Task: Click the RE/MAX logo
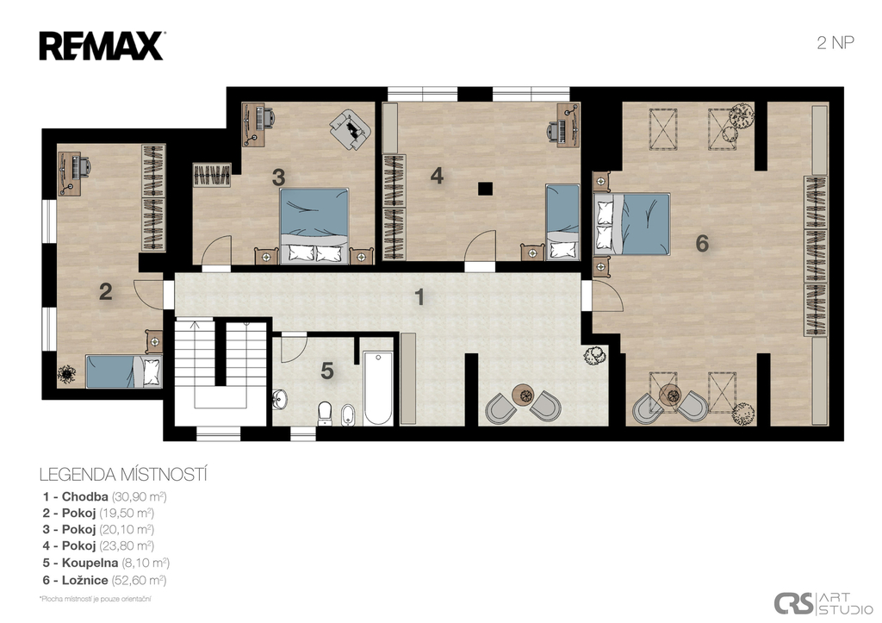pyautogui.click(x=102, y=47)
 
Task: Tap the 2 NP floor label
pyautogui.click(x=835, y=43)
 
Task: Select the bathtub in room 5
pyautogui.click(x=377, y=389)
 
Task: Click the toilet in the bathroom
pyautogui.click(x=325, y=413)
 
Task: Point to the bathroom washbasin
pyautogui.click(x=280, y=400)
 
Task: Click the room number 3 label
pyautogui.click(x=278, y=178)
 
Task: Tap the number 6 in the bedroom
pyautogui.click(x=702, y=244)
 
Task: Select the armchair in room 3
pyautogui.click(x=351, y=129)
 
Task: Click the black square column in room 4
pyautogui.click(x=485, y=189)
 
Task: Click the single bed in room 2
pyautogui.click(x=124, y=371)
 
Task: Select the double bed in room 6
pyautogui.click(x=632, y=224)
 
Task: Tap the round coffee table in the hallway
pyautogui.click(x=524, y=395)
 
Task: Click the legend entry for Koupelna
pyautogui.click(x=106, y=563)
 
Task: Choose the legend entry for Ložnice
pyautogui.click(x=104, y=580)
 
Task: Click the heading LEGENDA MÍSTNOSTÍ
pyautogui.click(x=123, y=475)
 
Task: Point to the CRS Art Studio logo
pyautogui.click(x=823, y=603)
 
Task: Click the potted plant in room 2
pyautogui.click(x=67, y=374)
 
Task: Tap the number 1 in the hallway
pyautogui.click(x=419, y=297)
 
